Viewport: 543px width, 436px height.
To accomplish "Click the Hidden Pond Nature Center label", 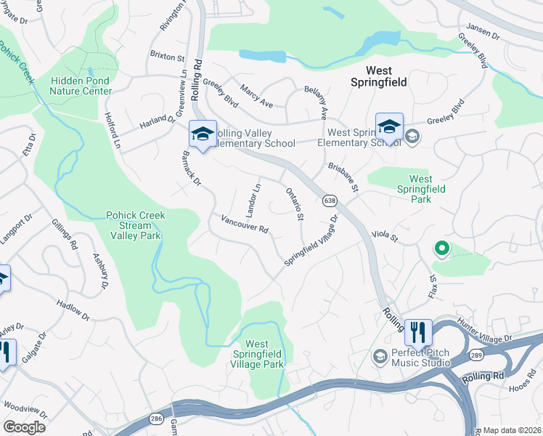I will (81, 86).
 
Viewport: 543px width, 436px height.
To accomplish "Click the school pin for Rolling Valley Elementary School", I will (203, 134).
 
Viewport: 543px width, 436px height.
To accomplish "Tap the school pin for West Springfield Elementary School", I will (389, 127).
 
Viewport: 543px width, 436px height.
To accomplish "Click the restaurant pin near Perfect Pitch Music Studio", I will (418, 333).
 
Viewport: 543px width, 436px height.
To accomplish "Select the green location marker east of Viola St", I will (441, 250).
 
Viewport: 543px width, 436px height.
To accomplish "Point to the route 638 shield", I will (330, 200).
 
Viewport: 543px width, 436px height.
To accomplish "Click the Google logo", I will (24, 427).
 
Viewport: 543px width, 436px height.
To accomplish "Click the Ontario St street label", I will (294, 204).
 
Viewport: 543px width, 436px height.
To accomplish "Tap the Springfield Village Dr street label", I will (311, 241).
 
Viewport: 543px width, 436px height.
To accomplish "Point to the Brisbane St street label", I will (343, 177).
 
